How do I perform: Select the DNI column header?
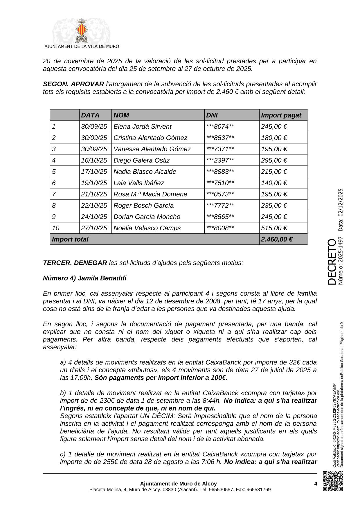[212, 115]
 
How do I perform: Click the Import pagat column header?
[281, 115]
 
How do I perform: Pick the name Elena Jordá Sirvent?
[142, 127]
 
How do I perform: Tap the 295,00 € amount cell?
[274, 160]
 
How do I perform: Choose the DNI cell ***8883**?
[220, 172]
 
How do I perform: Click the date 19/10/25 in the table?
[94, 183]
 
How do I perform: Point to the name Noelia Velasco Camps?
[147, 228]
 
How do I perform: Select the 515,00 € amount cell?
[274, 228]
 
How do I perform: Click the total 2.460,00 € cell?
[277, 239]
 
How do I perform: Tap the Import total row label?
[70, 239]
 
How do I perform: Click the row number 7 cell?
[54, 194]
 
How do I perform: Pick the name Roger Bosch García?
[143, 206]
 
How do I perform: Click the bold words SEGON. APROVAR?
[73, 84]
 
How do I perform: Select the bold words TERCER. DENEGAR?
[75, 263]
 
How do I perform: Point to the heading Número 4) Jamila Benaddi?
[84, 278]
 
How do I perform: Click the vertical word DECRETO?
[332, 262]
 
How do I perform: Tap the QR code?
[333, 481]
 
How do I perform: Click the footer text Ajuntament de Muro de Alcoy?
[178, 483]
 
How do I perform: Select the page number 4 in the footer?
[316, 483]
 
